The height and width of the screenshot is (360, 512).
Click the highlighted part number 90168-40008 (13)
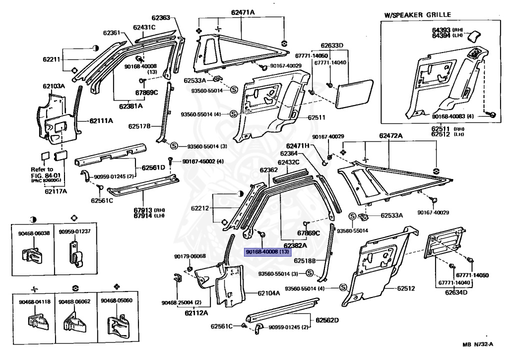coord(266,252)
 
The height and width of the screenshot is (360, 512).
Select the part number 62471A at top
coord(242,12)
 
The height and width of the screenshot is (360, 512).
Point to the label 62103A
coord(53,86)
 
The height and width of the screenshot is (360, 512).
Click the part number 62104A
coord(268,293)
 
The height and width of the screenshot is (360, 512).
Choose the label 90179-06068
coord(190,256)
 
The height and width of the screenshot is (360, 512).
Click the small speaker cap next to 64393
coord(474,35)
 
